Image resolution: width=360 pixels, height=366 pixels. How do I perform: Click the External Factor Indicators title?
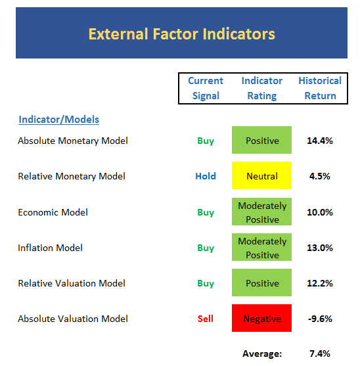[x=181, y=34]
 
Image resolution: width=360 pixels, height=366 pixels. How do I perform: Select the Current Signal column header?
[x=206, y=88]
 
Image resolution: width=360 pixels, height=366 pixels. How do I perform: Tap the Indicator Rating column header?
[x=261, y=88]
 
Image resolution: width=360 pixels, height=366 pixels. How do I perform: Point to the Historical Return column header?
[x=320, y=88]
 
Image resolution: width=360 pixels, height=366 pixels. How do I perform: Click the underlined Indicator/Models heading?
[x=58, y=120]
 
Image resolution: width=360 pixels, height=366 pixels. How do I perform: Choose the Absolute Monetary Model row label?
[x=73, y=141]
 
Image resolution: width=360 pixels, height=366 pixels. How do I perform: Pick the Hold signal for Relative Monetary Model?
[x=206, y=176]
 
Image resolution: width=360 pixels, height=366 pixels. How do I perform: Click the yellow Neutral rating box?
[x=261, y=175]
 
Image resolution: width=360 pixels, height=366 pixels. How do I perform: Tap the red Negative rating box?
[x=261, y=318]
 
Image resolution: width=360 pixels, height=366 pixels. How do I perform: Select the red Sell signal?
[x=206, y=319]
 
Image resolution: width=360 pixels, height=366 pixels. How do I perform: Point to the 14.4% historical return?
[x=320, y=141]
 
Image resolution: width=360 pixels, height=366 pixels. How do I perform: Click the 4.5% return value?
[x=320, y=176]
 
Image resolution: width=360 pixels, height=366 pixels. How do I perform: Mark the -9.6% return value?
[x=320, y=319]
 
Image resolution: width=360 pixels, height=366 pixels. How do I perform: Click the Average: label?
[x=262, y=354]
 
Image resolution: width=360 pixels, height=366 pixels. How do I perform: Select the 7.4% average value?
[x=320, y=354]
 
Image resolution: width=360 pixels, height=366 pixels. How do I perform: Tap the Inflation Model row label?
[x=50, y=248]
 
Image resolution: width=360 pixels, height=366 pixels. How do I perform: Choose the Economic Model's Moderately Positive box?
[x=261, y=212]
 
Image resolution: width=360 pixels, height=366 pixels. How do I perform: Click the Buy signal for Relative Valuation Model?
[x=206, y=284]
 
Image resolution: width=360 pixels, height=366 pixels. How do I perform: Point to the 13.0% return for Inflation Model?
[x=320, y=248]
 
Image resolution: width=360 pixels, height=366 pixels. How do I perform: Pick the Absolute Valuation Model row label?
[x=73, y=319]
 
